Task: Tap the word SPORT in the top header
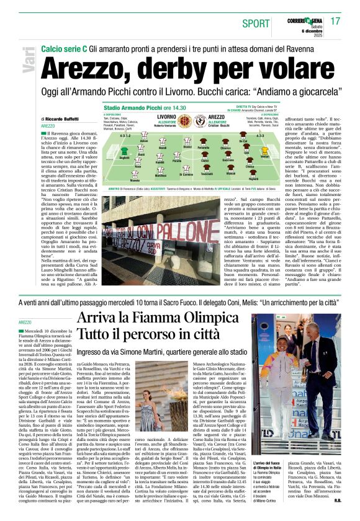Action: click(256, 23)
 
